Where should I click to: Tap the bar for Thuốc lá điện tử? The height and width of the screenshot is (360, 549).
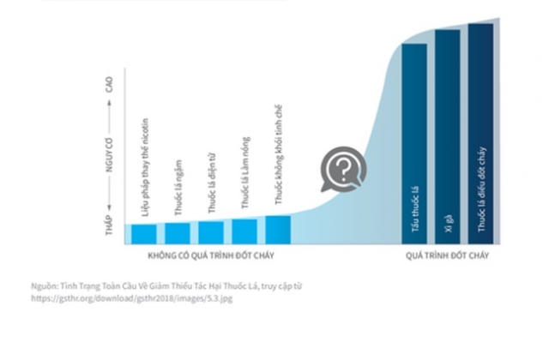(x=211, y=232)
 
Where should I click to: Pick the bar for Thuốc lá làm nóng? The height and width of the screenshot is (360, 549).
(x=244, y=231)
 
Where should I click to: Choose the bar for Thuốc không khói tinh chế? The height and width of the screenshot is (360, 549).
(x=278, y=230)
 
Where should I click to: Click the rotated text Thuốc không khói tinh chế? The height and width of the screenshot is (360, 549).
(x=278, y=154)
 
